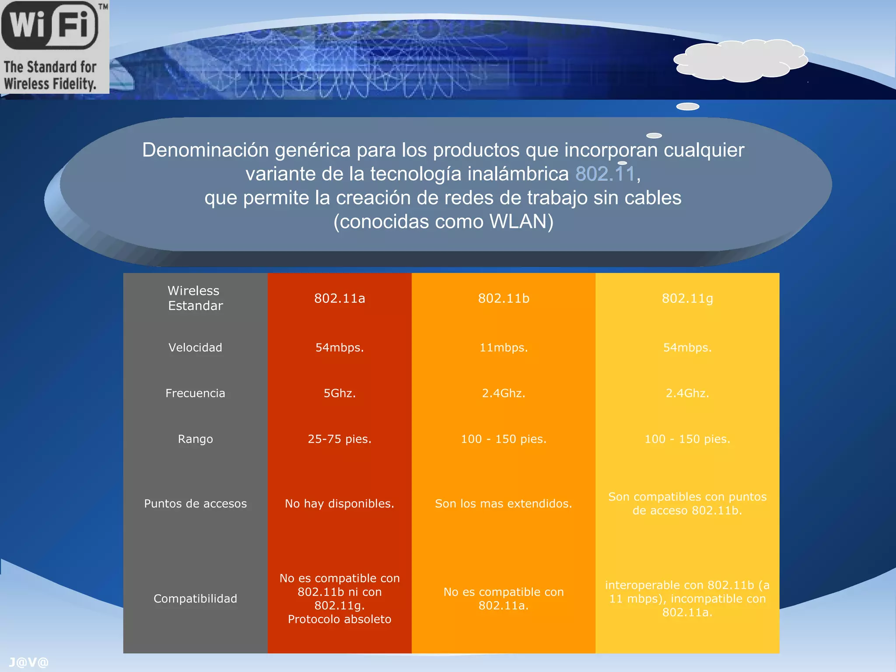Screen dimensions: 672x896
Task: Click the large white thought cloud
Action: (x=740, y=60)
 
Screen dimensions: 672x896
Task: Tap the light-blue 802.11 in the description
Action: (x=605, y=174)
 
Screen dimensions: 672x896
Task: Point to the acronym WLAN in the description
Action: (x=518, y=221)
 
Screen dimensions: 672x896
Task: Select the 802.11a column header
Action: (x=339, y=298)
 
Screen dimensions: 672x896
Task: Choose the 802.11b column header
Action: (x=504, y=298)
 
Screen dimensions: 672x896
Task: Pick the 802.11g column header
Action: (x=687, y=298)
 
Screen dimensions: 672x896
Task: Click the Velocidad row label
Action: (x=195, y=347)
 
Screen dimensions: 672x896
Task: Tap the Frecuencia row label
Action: (x=195, y=393)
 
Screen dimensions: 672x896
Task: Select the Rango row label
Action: (x=195, y=439)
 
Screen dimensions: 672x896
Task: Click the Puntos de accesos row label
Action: (x=195, y=504)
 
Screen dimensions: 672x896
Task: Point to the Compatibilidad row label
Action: (x=195, y=598)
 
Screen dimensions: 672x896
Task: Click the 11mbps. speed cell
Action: (x=504, y=347)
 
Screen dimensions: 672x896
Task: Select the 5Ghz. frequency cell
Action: (x=339, y=393)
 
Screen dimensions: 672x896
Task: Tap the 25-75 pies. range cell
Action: (x=339, y=439)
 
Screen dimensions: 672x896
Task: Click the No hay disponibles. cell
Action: (x=339, y=504)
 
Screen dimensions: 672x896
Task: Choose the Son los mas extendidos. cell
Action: (x=504, y=504)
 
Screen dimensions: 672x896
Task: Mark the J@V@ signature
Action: (x=28, y=662)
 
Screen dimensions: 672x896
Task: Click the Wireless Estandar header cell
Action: (x=195, y=298)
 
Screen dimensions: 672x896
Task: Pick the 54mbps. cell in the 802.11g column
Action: (x=687, y=347)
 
